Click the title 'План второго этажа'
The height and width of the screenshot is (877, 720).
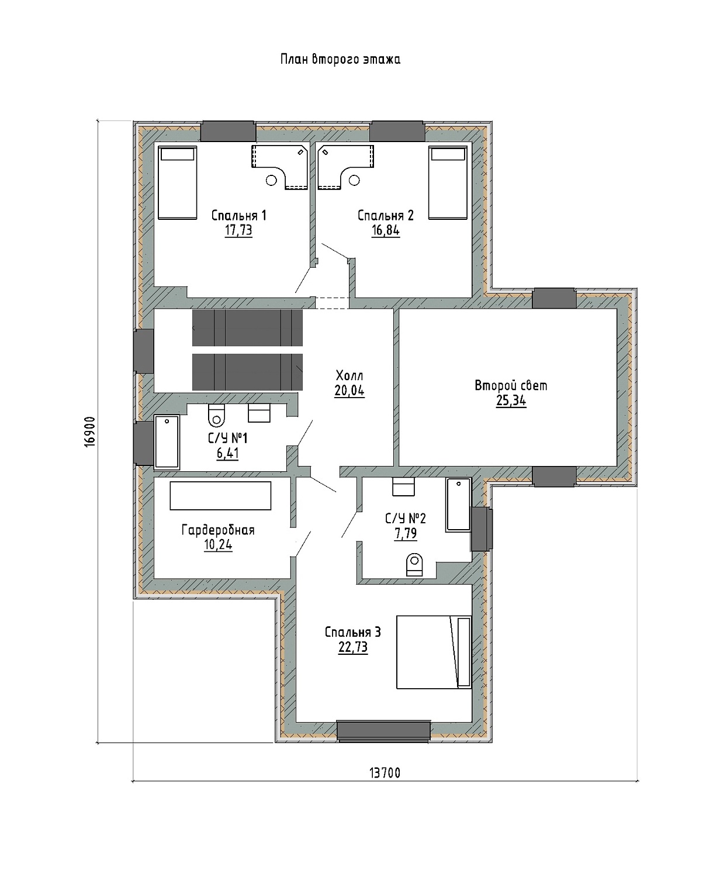coord(341,60)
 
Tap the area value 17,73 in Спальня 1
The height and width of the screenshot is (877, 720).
coord(238,230)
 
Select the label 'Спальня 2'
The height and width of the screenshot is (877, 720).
coord(385,215)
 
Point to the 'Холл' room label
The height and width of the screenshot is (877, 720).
coord(349,376)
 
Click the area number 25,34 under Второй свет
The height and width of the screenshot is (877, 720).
coord(511,401)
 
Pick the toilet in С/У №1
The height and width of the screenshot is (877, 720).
coord(216,415)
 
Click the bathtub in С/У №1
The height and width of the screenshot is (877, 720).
coord(167,442)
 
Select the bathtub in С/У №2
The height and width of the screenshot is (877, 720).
coord(458,505)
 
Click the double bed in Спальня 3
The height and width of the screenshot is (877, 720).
coord(434,652)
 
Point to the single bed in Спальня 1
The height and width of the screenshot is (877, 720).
coord(178,182)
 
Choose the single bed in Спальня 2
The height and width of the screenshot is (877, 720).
coord(448,182)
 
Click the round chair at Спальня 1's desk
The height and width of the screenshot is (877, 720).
coord(271,180)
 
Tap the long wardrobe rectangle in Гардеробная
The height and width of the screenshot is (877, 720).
coord(220,496)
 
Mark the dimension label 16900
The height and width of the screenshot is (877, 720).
coord(90,431)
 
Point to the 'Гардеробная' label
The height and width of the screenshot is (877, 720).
coord(218,530)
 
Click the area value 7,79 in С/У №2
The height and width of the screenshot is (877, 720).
coord(406,534)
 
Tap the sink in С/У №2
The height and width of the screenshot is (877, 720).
coord(404,486)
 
